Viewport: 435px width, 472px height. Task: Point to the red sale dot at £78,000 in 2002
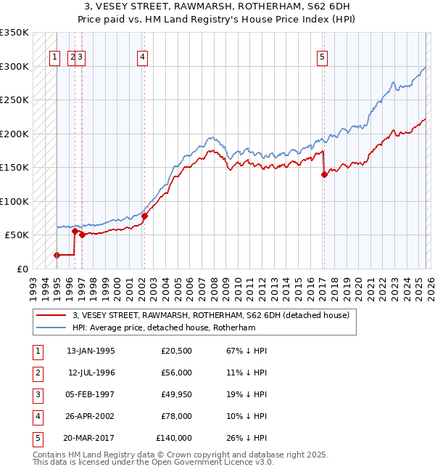pos(144,216)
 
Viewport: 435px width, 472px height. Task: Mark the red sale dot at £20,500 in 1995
pos(57,255)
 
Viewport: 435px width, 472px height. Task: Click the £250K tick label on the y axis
pos(14,99)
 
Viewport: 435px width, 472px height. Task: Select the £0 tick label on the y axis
pos(22,269)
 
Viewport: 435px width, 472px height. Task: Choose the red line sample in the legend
pos(51,315)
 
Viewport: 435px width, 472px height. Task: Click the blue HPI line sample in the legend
pos(51,327)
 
